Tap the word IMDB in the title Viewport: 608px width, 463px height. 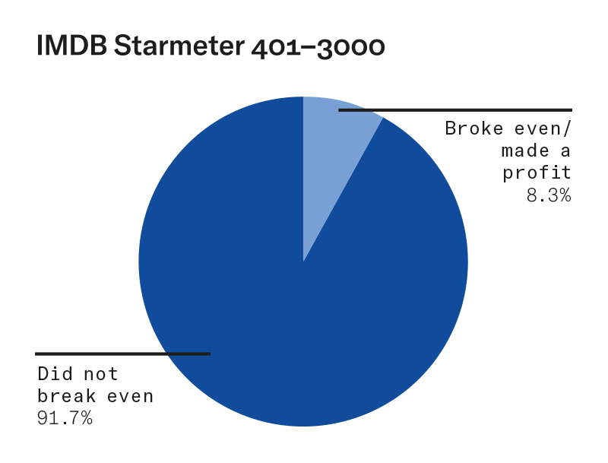click(x=71, y=46)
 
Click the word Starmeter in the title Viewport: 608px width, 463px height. click(x=179, y=46)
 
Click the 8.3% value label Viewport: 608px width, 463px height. click(x=549, y=195)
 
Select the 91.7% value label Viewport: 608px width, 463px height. click(x=65, y=418)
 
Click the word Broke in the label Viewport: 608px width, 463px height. click(x=473, y=128)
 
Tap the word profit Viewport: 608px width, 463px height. click(x=537, y=173)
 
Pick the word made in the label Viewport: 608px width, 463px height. click(x=525, y=151)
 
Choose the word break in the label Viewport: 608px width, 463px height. click(x=66, y=396)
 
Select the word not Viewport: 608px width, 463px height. click(x=101, y=374)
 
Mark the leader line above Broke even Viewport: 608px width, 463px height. click(x=455, y=110)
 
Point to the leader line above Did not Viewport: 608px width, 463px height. click(x=122, y=354)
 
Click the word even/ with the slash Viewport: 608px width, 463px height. click(x=543, y=128)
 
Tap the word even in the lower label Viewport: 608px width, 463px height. click(x=130, y=397)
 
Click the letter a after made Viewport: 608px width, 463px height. click(x=565, y=151)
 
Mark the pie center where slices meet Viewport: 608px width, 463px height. click(x=303, y=262)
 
